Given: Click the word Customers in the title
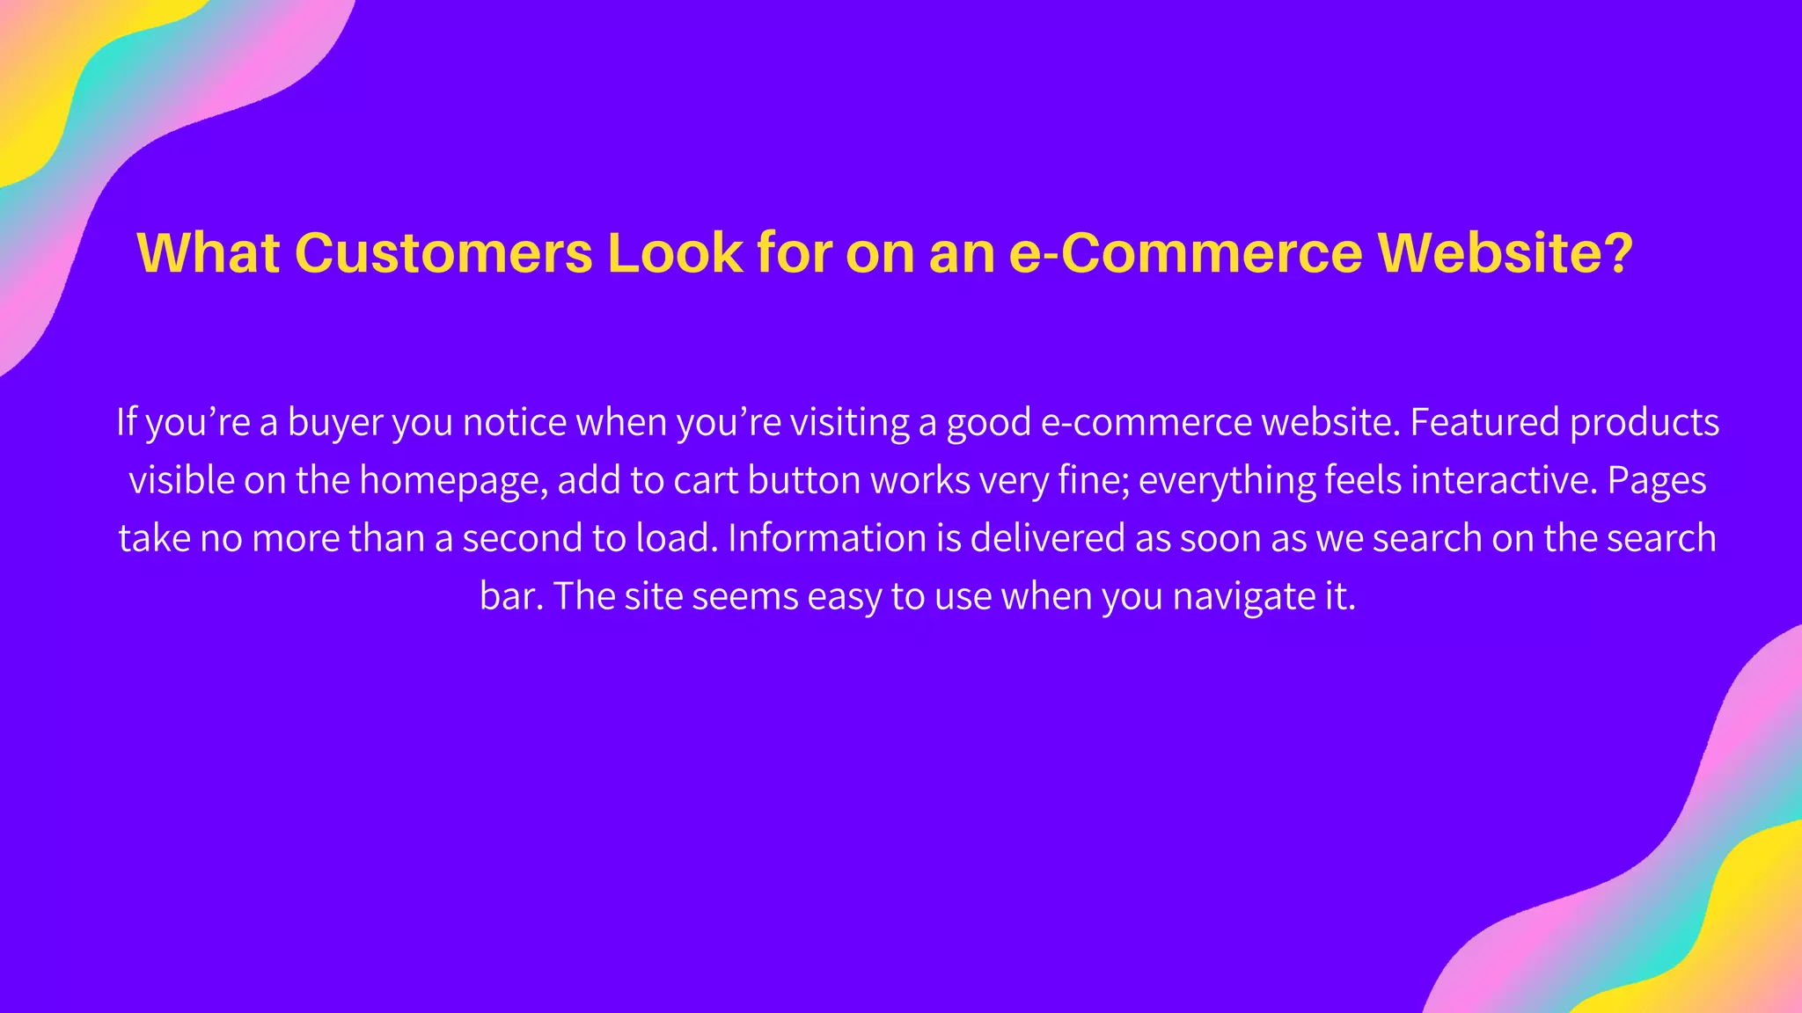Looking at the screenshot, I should [x=443, y=253].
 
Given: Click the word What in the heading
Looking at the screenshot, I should [x=209, y=253].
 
